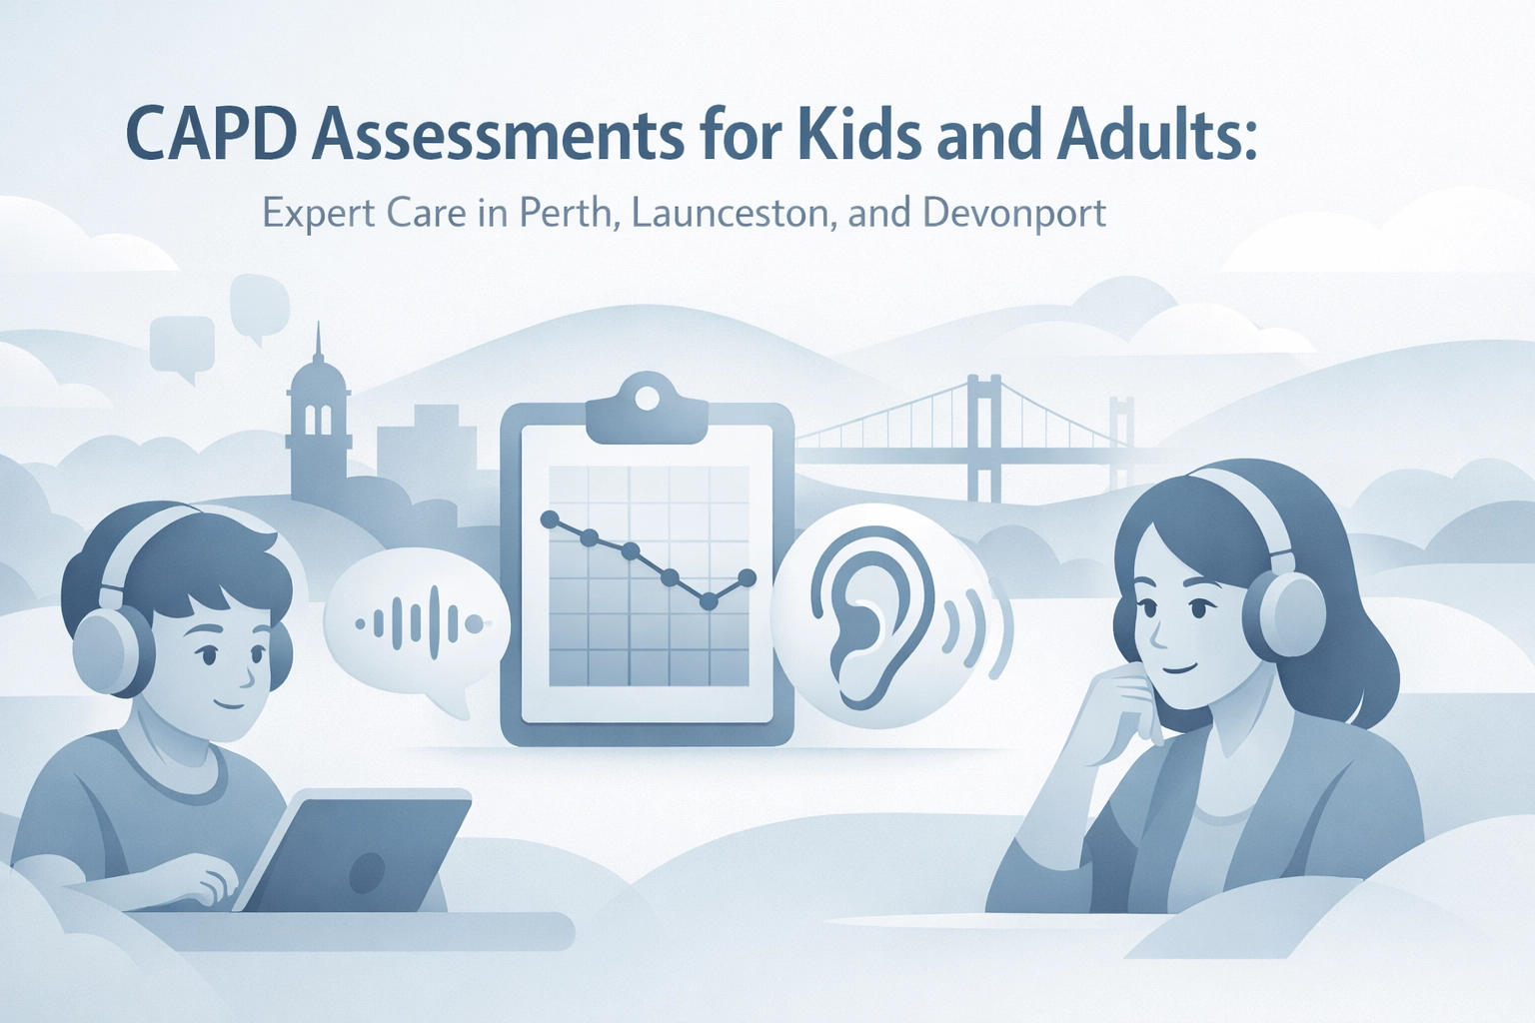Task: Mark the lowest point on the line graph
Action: coord(709,602)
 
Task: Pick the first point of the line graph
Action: coord(549,519)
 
